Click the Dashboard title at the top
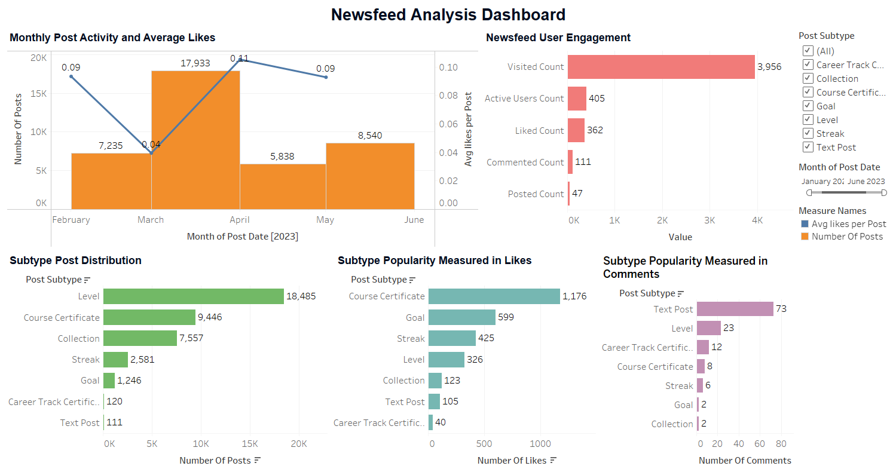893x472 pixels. click(x=448, y=14)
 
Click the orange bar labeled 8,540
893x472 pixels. click(x=370, y=176)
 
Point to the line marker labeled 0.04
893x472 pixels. click(x=151, y=153)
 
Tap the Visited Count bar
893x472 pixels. click(x=661, y=67)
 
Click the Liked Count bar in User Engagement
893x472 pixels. click(x=576, y=130)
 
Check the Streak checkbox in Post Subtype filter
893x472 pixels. click(x=808, y=134)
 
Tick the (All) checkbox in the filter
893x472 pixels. click(x=808, y=51)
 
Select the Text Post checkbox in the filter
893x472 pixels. click(x=808, y=148)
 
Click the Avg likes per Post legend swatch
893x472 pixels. click(x=804, y=224)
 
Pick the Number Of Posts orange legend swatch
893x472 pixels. click(x=804, y=237)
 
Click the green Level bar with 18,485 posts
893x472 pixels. click(x=193, y=296)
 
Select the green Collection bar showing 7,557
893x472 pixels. click(x=140, y=338)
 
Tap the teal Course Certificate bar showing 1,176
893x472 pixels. click(x=494, y=296)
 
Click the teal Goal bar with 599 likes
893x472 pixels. click(x=461, y=317)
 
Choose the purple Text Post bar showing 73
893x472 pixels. click(x=735, y=309)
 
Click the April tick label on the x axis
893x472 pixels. click(x=240, y=220)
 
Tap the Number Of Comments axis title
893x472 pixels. click(x=745, y=461)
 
